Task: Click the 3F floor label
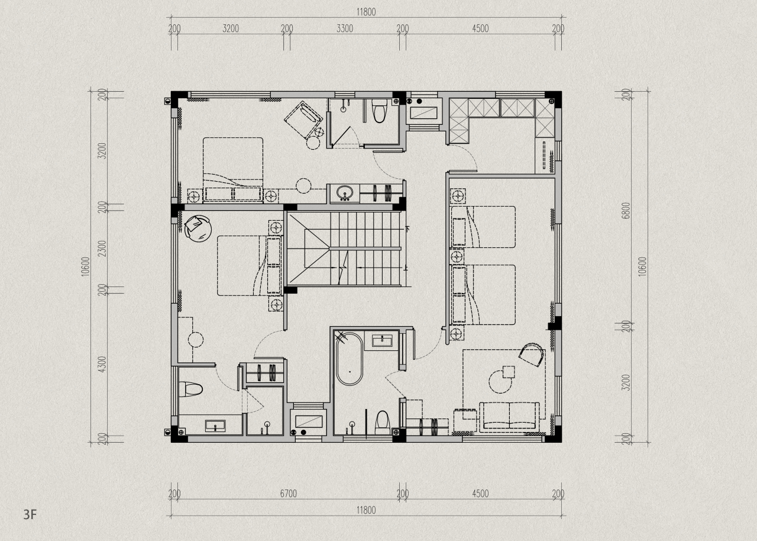point(30,514)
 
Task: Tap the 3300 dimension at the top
point(345,28)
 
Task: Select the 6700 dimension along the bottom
point(288,494)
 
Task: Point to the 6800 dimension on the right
point(626,211)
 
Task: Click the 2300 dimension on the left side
point(102,248)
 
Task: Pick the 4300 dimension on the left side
point(102,364)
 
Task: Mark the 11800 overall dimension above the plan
point(366,12)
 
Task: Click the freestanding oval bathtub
point(350,359)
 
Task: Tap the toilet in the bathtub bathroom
point(383,423)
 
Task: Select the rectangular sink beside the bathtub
point(382,341)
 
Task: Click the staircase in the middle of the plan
point(345,249)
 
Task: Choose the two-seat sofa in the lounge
point(509,417)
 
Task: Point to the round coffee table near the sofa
point(500,382)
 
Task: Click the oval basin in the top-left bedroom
point(345,193)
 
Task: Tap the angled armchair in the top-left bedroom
point(303,120)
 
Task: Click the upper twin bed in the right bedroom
point(483,227)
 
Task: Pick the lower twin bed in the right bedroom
point(483,295)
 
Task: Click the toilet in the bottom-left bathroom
point(190,389)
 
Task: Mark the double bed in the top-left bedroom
point(233,169)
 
